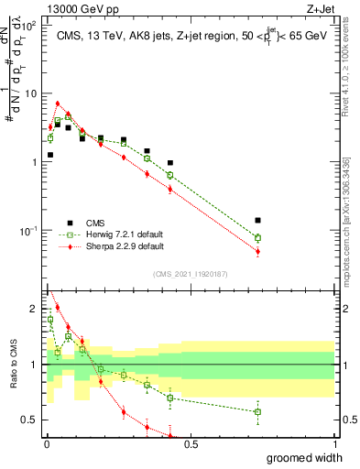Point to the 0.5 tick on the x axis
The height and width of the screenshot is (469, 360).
coord(191,444)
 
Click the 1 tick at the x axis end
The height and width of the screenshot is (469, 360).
coord(335,444)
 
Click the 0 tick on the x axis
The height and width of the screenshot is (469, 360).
coord(46,444)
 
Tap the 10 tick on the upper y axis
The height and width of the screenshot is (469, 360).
coord(30,93)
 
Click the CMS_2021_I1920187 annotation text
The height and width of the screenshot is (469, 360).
coord(191,273)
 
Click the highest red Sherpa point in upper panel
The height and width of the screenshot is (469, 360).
coord(58,104)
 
